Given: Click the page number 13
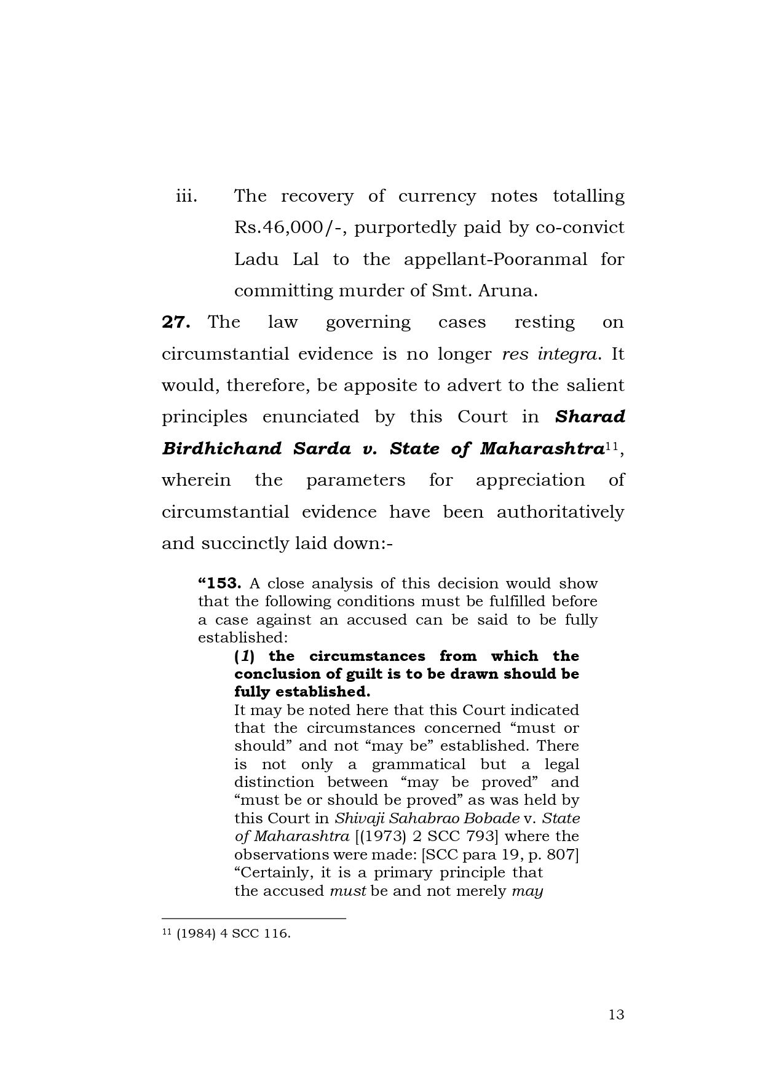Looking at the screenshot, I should (x=616, y=1014).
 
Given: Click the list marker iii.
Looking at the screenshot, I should (x=186, y=196).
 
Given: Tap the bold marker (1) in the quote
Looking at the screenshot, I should (x=245, y=656).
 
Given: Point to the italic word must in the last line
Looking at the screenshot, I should (x=348, y=891).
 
